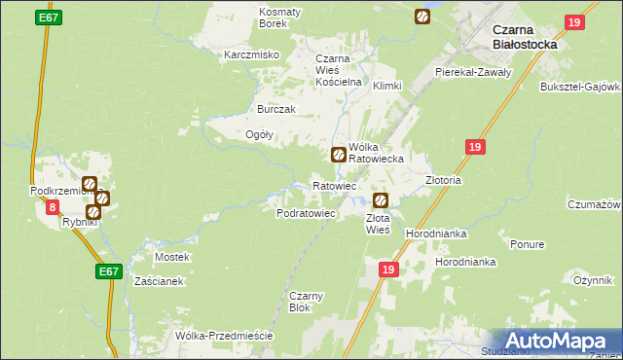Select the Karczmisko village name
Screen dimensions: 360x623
point(252,54)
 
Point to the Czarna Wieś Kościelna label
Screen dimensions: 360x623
point(338,71)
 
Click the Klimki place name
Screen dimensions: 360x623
point(386,86)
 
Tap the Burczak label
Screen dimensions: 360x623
point(275,109)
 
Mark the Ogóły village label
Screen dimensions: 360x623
point(259,134)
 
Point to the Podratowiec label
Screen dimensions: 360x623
point(307,212)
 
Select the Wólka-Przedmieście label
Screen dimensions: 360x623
point(224,336)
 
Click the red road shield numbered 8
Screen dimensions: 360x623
point(52,207)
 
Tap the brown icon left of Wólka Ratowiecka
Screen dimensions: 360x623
point(338,153)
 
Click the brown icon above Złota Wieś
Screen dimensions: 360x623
point(381,200)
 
